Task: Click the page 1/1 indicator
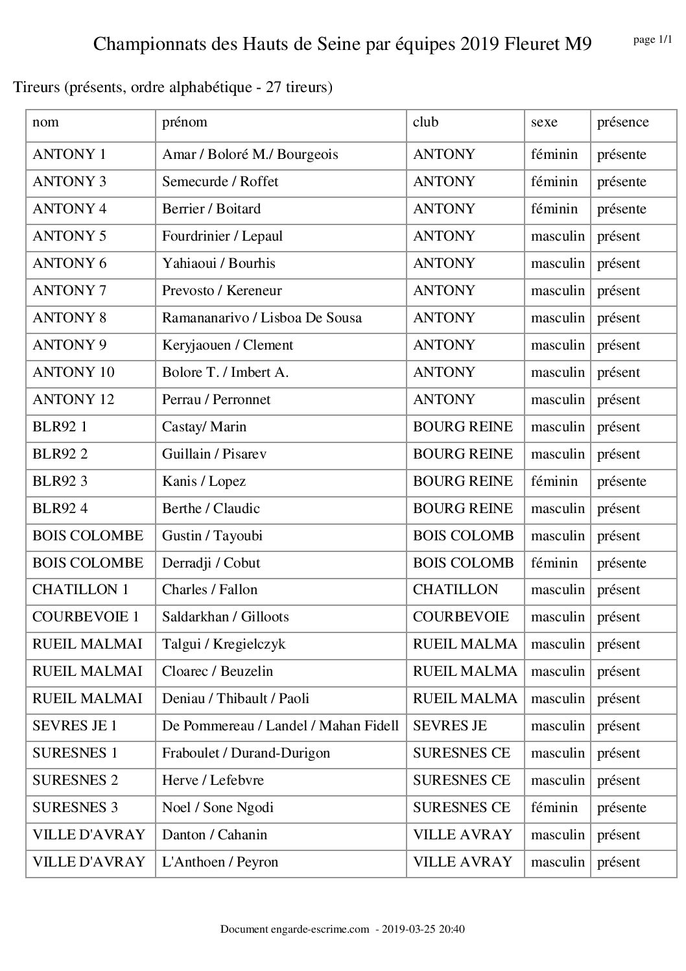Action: (652, 40)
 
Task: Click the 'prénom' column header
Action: (185, 122)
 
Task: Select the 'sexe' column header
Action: (544, 122)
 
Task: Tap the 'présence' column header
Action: (622, 122)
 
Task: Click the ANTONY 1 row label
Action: (69, 154)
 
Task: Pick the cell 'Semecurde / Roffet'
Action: (220, 182)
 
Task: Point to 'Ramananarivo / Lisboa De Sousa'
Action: (262, 318)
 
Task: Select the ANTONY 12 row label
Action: (73, 400)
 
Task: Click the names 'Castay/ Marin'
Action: (204, 427)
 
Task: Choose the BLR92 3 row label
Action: (60, 481)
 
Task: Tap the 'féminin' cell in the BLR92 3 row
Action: (554, 481)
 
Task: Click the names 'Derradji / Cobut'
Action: (211, 563)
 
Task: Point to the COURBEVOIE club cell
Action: (461, 617)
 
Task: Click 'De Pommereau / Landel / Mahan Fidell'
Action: (280, 726)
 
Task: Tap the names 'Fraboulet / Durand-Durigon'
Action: (246, 753)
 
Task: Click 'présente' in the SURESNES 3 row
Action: (622, 808)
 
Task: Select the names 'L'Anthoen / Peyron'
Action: (220, 862)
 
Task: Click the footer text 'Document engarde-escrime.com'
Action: (294, 929)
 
